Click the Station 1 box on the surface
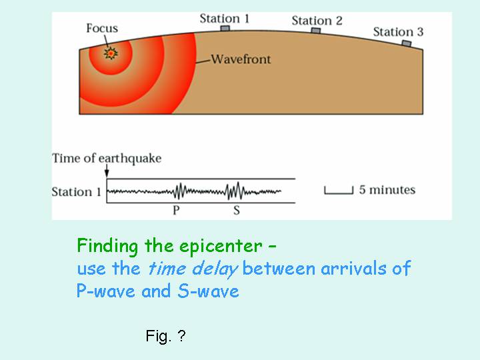(225, 28)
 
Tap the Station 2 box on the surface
(316, 30)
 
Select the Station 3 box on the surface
(407, 43)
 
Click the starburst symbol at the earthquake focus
(111, 53)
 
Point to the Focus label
(102, 28)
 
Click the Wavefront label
(241, 59)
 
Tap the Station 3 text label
(398, 32)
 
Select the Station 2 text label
(317, 21)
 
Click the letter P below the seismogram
(176, 210)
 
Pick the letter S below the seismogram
(236, 210)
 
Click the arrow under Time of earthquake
(107, 171)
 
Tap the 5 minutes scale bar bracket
(339, 190)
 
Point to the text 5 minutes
(387, 190)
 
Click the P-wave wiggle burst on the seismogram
(181, 191)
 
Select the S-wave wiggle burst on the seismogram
(235, 191)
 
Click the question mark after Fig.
(181, 335)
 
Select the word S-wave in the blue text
(208, 291)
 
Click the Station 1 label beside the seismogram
(76, 192)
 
